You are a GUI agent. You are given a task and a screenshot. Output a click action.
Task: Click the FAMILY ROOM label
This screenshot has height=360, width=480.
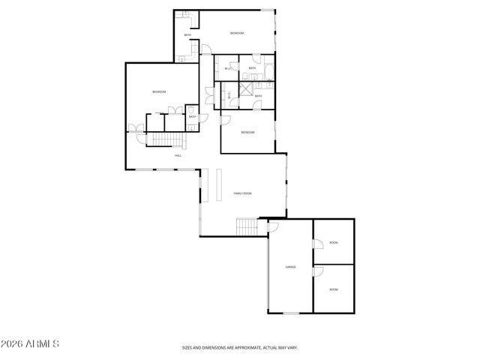[x=241, y=193]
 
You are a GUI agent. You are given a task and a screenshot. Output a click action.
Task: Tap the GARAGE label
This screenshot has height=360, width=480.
[x=289, y=267]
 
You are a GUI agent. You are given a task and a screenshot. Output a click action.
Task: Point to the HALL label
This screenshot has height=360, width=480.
[x=178, y=155]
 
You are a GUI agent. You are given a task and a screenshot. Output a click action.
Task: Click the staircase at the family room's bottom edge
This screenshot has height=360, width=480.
[x=247, y=226]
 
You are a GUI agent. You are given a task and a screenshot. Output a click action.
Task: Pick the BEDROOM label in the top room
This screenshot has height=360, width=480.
[x=237, y=34]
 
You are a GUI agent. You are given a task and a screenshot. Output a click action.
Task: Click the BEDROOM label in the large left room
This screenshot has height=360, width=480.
[x=158, y=92]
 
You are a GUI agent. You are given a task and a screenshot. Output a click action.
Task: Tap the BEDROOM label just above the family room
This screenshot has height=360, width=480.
[x=247, y=133]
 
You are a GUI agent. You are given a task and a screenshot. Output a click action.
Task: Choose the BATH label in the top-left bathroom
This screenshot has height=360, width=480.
[x=187, y=35]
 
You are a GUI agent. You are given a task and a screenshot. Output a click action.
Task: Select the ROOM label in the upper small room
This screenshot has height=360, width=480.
[x=334, y=243]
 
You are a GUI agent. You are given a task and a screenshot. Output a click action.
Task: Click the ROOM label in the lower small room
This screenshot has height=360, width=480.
[x=334, y=289]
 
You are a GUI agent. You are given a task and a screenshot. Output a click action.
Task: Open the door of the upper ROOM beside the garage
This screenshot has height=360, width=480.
[x=317, y=244]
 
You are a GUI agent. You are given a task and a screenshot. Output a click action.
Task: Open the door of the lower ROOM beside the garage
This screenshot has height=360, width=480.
[x=317, y=271]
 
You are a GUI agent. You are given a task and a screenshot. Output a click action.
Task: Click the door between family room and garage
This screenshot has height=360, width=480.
[x=273, y=224]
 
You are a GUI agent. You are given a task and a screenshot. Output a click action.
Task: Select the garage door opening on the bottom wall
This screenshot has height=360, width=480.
[x=289, y=312]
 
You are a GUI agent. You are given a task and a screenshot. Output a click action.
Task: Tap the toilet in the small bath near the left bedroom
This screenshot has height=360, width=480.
[x=193, y=109]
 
